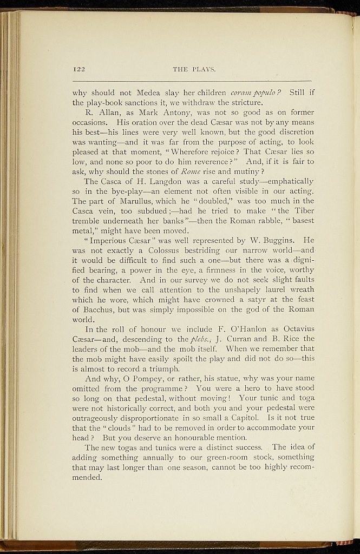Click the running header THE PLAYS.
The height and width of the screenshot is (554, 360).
pos(194,69)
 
